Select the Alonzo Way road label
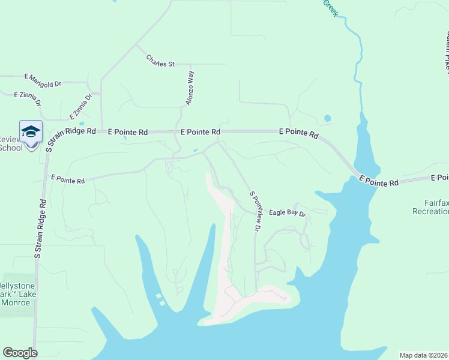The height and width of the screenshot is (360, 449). click(190, 88)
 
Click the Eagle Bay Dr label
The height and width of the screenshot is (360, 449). click(287, 213)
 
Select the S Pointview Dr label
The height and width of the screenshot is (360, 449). click(256, 211)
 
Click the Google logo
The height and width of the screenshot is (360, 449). click(20, 353)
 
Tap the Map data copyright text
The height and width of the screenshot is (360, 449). click(424, 355)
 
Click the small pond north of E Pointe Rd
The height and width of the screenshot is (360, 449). click(327, 118)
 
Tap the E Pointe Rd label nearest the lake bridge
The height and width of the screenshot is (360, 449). click(379, 181)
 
